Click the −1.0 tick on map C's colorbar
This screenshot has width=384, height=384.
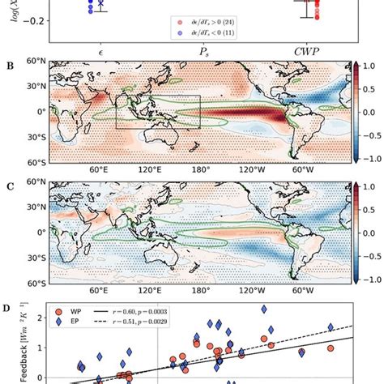pos(366,279)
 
